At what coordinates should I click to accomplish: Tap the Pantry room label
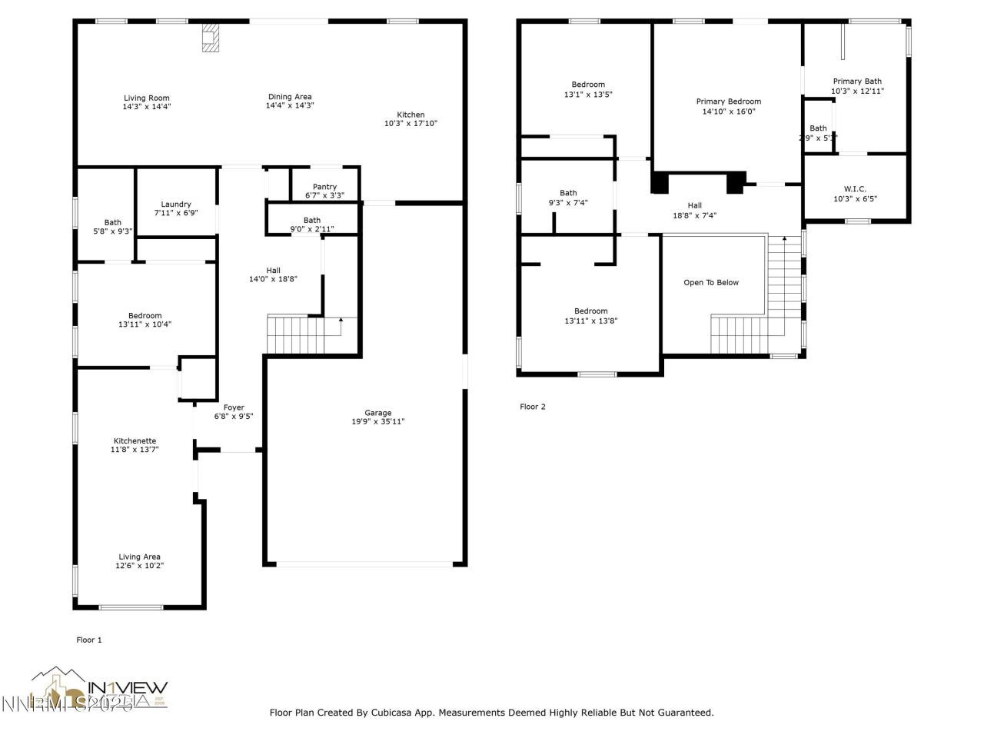[x=324, y=187]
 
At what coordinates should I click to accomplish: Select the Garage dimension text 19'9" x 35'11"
[x=377, y=421]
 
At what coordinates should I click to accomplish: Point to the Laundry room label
[x=176, y=204]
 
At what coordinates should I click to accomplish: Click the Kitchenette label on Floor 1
[x=135, y=440]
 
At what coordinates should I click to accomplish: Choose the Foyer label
[x=234, y=407]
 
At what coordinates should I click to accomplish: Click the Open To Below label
[x=711, y=283]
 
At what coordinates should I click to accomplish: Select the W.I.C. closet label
[x=855, y=189]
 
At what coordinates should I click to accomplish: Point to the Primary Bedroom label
[x=728, y=101]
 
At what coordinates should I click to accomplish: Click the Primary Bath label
[x=857, y=81]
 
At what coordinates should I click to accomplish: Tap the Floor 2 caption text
[x=533, y=407]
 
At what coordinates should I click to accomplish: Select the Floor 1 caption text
[x=89, y=640]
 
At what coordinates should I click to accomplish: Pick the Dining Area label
[x=290, y=97]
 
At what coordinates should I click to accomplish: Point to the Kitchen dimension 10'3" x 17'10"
[x=411, y=123]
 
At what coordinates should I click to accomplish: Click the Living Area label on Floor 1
[x=139, y=557]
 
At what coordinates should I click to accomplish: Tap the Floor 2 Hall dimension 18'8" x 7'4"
[x=694, y=215]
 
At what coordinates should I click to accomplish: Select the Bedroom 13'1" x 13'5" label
[x=588, y=85]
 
